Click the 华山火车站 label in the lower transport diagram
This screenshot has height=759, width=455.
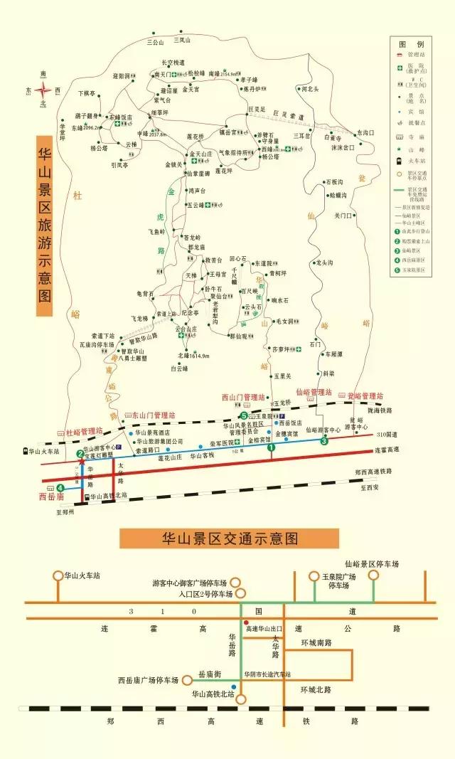click(x=82, y=575)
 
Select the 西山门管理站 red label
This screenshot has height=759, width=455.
click(x=242, y=397)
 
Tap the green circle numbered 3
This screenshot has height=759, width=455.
click(x=324, y=442)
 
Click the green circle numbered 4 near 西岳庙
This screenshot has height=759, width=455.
click(x=60, y=488)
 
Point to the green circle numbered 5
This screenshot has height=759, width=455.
click(x=243, y=416)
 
